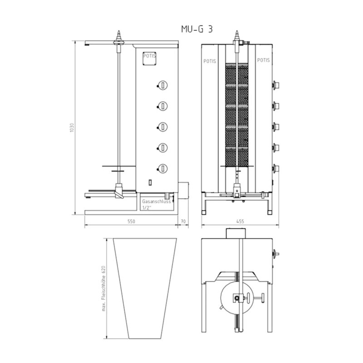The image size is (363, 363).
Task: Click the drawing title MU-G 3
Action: pyautogui.click(x=197, y=29)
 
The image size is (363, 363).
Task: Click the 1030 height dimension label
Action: pyautogui.click(x=72, y=128)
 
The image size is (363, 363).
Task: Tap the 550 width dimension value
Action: pyautogui.click(x=131, y=221)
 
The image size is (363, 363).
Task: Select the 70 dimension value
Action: pyautogui.click(x=183, y=221)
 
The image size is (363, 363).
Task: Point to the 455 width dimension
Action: pyautogui.click(x=240, y=221)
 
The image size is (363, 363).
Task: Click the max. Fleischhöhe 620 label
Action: pyautogui.click(x=104, y=288)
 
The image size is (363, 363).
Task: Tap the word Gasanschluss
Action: pyautogui.click(x=156, y=201)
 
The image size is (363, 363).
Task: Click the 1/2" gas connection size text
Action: pyautogui.click(x=146, y=207)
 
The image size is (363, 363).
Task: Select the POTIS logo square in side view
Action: pyautogui.click(x=149, y=59)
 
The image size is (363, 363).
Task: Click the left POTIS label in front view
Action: pyautogui.click(x=210, y=61)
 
